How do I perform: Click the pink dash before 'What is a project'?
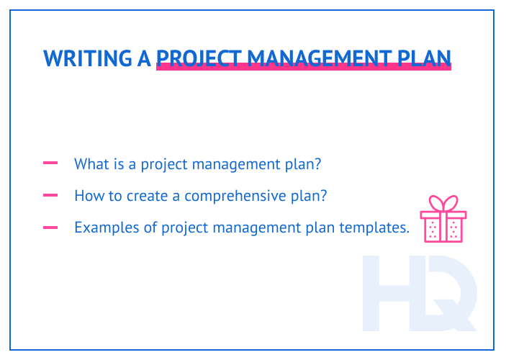click(50, 163)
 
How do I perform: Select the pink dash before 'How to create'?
click(50, 195)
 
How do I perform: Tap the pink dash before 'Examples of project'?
click(50, 228)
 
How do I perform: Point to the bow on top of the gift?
click(443, 202)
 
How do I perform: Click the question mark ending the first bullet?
click(317, 164)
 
